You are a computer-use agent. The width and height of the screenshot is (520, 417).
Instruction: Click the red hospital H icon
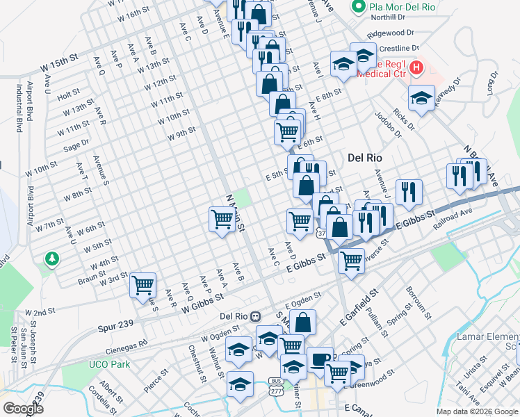pyautogui.click(x=416, y=67)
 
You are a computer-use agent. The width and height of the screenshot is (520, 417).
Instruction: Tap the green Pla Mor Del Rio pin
pyautogui.click(x=359, y=8)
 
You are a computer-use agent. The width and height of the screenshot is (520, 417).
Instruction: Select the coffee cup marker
pyautogui.click(x=320, y=359)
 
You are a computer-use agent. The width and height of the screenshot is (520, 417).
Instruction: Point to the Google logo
pyautogui.click(x=22, y=408)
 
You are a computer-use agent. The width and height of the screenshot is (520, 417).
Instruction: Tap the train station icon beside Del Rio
pyautogui.click(x=256, y=316)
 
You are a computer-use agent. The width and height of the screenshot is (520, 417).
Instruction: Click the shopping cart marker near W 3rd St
pyautogui.click(x=143, y=284)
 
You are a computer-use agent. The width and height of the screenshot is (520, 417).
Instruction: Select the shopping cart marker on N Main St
pyautogui.click(x=222, y=220)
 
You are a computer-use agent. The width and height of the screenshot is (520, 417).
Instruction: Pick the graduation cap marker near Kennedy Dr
pyautogui.click(x=421, y=98)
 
